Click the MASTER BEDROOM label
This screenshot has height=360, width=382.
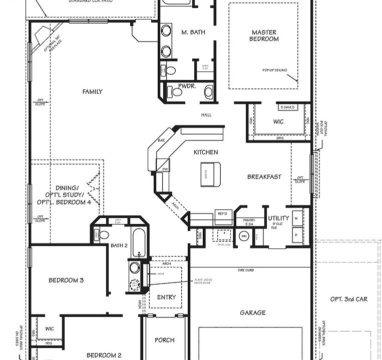(265, 35)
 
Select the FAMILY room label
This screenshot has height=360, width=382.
(93, 91)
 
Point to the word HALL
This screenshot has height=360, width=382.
(206, 115)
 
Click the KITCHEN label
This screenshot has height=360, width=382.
(206, 152)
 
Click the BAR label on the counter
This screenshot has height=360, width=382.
(161, 141)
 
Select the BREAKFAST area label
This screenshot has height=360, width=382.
(264, 176)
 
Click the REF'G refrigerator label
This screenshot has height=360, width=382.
(221, 213)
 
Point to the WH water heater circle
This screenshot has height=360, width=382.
(244, 236)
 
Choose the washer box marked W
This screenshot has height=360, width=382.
(296, 218)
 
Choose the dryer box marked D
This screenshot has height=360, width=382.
(296, 234)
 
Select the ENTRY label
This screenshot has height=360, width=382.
(166, 297)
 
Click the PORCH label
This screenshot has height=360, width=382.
(164, 340)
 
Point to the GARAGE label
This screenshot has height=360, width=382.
(252, 312)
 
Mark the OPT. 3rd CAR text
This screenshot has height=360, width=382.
(349, 299)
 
